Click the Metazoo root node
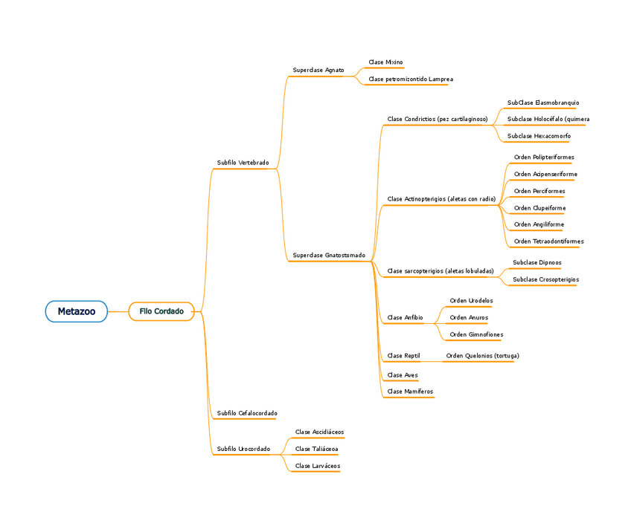tap(76, 311)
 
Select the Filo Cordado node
tap(161, 311)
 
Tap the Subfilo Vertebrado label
tap(243, 163)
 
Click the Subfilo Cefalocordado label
tap(246, 413)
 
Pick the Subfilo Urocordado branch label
tap(243, 449)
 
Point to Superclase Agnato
tap(318, 70)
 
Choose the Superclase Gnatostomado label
tap(329, 256)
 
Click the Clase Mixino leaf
tap(385, 62)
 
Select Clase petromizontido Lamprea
tap(410, 79)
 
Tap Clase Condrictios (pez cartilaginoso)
tap(438, 119)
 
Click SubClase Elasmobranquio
tap(543, 103)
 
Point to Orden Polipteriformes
tap(544, 158)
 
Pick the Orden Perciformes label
tap(539, 191)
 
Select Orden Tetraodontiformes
tap(548, 241)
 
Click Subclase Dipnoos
tap(536, 262)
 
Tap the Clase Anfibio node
tap(405, 318)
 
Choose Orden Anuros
tap(469, 318)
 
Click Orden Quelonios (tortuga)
tap(482, 356)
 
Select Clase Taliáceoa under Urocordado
tap(316, 449)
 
